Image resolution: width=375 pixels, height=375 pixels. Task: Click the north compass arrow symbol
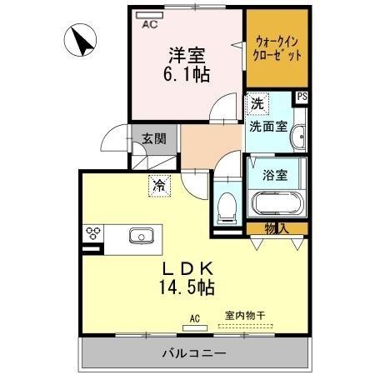(x=82, y=39)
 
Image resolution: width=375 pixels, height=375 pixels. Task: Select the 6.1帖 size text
(x=186, y=73)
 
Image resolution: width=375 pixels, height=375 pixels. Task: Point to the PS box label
(x=301, y=97)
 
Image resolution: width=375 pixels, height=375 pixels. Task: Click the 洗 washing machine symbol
(x=257, y=104)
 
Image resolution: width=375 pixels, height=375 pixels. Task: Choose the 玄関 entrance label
(x=152, y=138)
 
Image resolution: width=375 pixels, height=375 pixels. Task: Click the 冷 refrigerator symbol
(x=157, y=186)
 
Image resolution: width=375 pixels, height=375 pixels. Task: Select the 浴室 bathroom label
(x=276, y=175)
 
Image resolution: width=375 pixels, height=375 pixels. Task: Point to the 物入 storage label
(x=277, y=228)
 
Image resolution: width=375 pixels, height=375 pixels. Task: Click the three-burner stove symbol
(x=92, y=232)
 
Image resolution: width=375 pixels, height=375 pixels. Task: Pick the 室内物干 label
(x=244, y=316)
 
